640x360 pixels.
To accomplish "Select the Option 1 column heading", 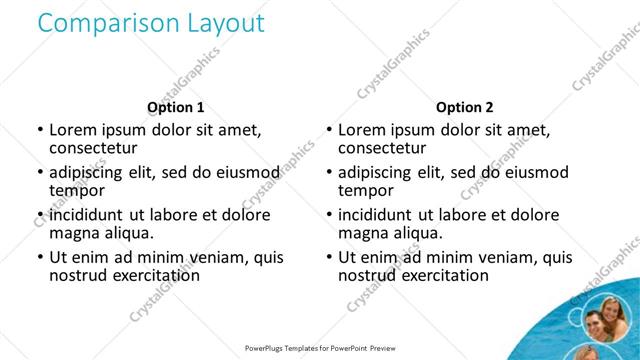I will click(x=175, y=107).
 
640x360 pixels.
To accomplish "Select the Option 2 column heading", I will click(x=464, y=107).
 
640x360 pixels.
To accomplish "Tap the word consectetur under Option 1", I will click(x=94, y=148).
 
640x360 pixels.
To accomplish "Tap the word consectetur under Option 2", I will click(x=383, y=148).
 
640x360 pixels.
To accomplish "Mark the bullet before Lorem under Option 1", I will click(x=39, y=130).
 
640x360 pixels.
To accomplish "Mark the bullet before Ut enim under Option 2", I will click(x=328, y=258).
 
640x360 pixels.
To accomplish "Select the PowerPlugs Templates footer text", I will click(x=320, y=349).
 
